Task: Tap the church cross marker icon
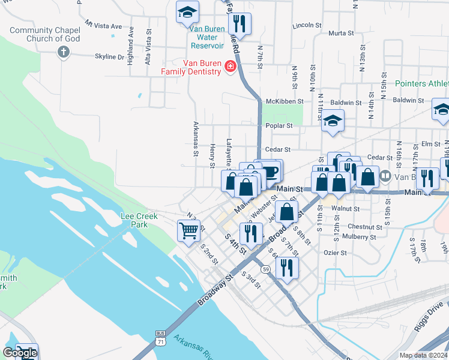click(63, 52)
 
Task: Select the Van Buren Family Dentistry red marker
click(229, 67)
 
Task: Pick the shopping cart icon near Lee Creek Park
click(188, 230)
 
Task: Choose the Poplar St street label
click(279, 126)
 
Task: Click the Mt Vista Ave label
click(103, 26)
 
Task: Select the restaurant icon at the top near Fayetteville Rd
click(240, 24)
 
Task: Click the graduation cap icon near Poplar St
click(332, 121)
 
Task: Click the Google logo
click(20, 353)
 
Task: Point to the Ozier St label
click(335, 253)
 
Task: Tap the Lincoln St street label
click(307, 26)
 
